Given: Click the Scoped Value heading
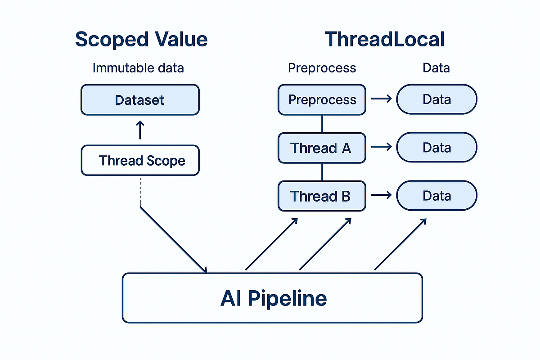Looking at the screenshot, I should pyautogui.click(x=141, y=39).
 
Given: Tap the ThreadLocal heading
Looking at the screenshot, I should pyautogui.click(x=384, y=39).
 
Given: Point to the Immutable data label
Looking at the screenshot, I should pyautogui.click(x=138, y=68).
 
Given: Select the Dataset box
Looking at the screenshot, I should pyautogui.click(x=139, y=99).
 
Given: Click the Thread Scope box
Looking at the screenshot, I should pyautogui.click(x=139, y=160).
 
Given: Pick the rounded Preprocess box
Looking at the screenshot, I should pyautogui.click(x=322, y=99).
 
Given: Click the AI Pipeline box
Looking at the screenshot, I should pyautogui.click(x=272, y=298).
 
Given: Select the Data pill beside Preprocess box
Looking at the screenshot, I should pyautogui.click(x=436, y=99).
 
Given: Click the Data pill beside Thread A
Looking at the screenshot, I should pyautogui.click(x=436, y=148).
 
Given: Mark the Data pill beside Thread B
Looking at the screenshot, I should pyautogui.click(x=436, y=196).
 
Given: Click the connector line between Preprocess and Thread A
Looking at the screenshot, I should pyautogui.click(x=322, y=124).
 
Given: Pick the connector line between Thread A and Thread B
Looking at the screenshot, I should pyautogui.click(x=322, y=172).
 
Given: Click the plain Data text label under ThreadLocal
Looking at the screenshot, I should pyautogui.click(x=436, y=68).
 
